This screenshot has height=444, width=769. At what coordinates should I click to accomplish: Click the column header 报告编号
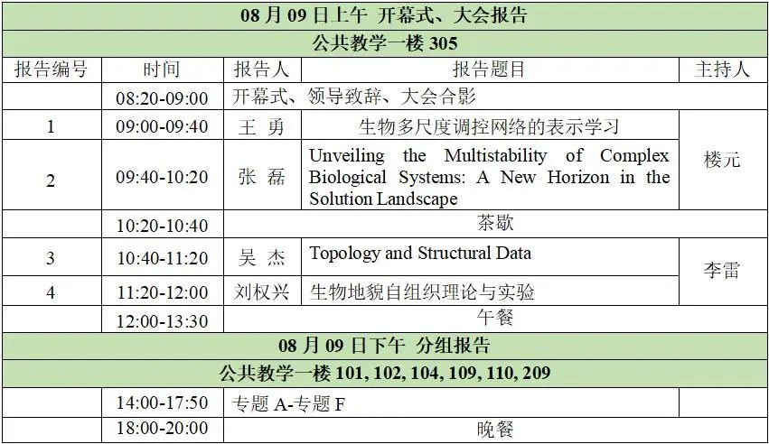[51, 69]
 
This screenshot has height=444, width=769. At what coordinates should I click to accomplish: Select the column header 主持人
[722, 69]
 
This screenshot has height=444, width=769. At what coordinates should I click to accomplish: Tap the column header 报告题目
[489, 69]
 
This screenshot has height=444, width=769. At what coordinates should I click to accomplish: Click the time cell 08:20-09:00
[163, 97]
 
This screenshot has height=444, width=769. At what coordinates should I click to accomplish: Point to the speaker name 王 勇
[261, 126]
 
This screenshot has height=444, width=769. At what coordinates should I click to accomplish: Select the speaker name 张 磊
[261, 176]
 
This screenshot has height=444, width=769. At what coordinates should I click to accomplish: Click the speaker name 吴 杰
[261, 257]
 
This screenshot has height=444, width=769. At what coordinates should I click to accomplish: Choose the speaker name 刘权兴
[261, 291]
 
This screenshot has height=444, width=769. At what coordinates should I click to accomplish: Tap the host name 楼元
[722, 160]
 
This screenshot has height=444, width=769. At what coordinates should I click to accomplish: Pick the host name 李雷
[722, 270]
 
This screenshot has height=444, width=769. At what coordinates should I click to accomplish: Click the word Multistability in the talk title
[495, 155]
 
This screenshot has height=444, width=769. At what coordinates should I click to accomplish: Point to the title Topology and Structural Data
[420, 253]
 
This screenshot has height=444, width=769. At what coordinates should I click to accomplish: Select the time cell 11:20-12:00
[163, 292]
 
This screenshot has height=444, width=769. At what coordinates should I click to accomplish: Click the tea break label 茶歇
[495, 223]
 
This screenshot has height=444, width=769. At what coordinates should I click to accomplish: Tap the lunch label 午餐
[495, 318]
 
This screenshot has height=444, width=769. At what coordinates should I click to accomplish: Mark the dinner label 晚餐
[495, 430]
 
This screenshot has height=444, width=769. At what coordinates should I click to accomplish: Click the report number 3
[51, 258]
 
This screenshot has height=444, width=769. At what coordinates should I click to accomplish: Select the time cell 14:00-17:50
[163, 402]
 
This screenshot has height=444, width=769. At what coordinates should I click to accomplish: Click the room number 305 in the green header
[444, 43]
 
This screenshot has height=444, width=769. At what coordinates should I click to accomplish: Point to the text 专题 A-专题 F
[288, 404]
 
